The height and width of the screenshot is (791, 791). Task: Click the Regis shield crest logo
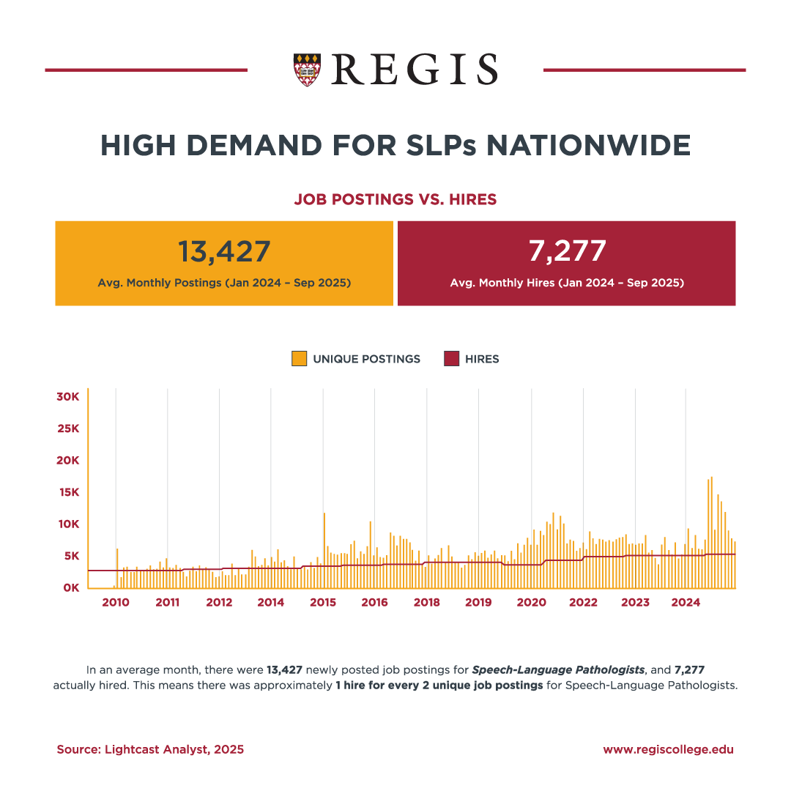(x=306, y=70)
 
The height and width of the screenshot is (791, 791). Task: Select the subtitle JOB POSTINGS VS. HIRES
(x=395, y=199)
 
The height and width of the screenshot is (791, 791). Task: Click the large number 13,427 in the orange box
(x=224, y=251)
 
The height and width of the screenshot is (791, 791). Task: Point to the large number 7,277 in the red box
(x=567, y=250)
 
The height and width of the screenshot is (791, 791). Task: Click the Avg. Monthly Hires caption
(x=567, y=282)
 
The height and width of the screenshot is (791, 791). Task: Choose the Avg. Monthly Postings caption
(x=224, y=282)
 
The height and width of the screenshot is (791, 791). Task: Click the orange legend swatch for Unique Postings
(x=299, y=359)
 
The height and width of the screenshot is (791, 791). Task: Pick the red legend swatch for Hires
(x=451, y=359)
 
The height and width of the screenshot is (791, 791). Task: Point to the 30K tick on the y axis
(x=67, y=396)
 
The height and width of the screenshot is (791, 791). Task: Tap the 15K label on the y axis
(x=67, y=492)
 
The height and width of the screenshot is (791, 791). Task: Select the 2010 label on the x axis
(x=116, y=603)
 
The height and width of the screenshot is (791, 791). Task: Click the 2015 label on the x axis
(x=323, y=603)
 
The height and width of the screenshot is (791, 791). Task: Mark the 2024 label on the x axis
(x=686, y=603)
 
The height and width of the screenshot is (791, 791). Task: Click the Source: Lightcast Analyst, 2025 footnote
(x=150, y=749)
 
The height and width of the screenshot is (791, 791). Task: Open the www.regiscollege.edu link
(x=668, y=749)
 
